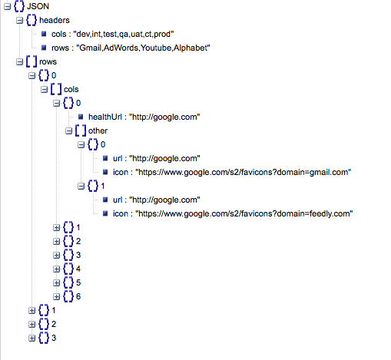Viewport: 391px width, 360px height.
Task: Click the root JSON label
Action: point(38,6)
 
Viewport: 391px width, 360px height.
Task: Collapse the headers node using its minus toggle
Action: point(19,21)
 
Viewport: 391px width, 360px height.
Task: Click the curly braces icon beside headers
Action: point(31,20)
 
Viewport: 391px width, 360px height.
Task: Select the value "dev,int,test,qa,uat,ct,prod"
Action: point(124,34)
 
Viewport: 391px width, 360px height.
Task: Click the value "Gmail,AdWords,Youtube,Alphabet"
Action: point(143,48)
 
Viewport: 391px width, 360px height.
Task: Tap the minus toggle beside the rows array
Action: point(19,62)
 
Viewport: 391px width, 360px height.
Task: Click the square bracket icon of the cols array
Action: point(56,89)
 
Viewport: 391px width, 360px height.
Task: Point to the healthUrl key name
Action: point(105,117)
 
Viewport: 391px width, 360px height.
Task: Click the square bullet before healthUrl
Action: point(81,117)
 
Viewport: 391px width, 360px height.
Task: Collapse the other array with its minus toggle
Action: point(68,131)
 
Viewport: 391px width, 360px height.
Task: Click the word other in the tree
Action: point(98,130)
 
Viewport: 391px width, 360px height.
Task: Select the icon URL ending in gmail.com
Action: point(244,172)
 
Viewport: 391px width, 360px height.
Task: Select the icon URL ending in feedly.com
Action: point(244,213)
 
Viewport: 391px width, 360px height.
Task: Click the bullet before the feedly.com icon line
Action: point(105,213)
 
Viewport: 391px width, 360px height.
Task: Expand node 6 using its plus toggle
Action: point(56,297)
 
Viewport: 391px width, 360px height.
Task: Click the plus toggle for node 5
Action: point(56,283)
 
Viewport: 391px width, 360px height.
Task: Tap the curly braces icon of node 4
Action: point(68,269)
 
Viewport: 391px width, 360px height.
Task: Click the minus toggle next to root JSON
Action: point(7,7)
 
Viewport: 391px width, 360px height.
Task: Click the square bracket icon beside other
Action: point(81,130)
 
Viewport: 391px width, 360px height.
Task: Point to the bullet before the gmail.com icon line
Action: point(105,172)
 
